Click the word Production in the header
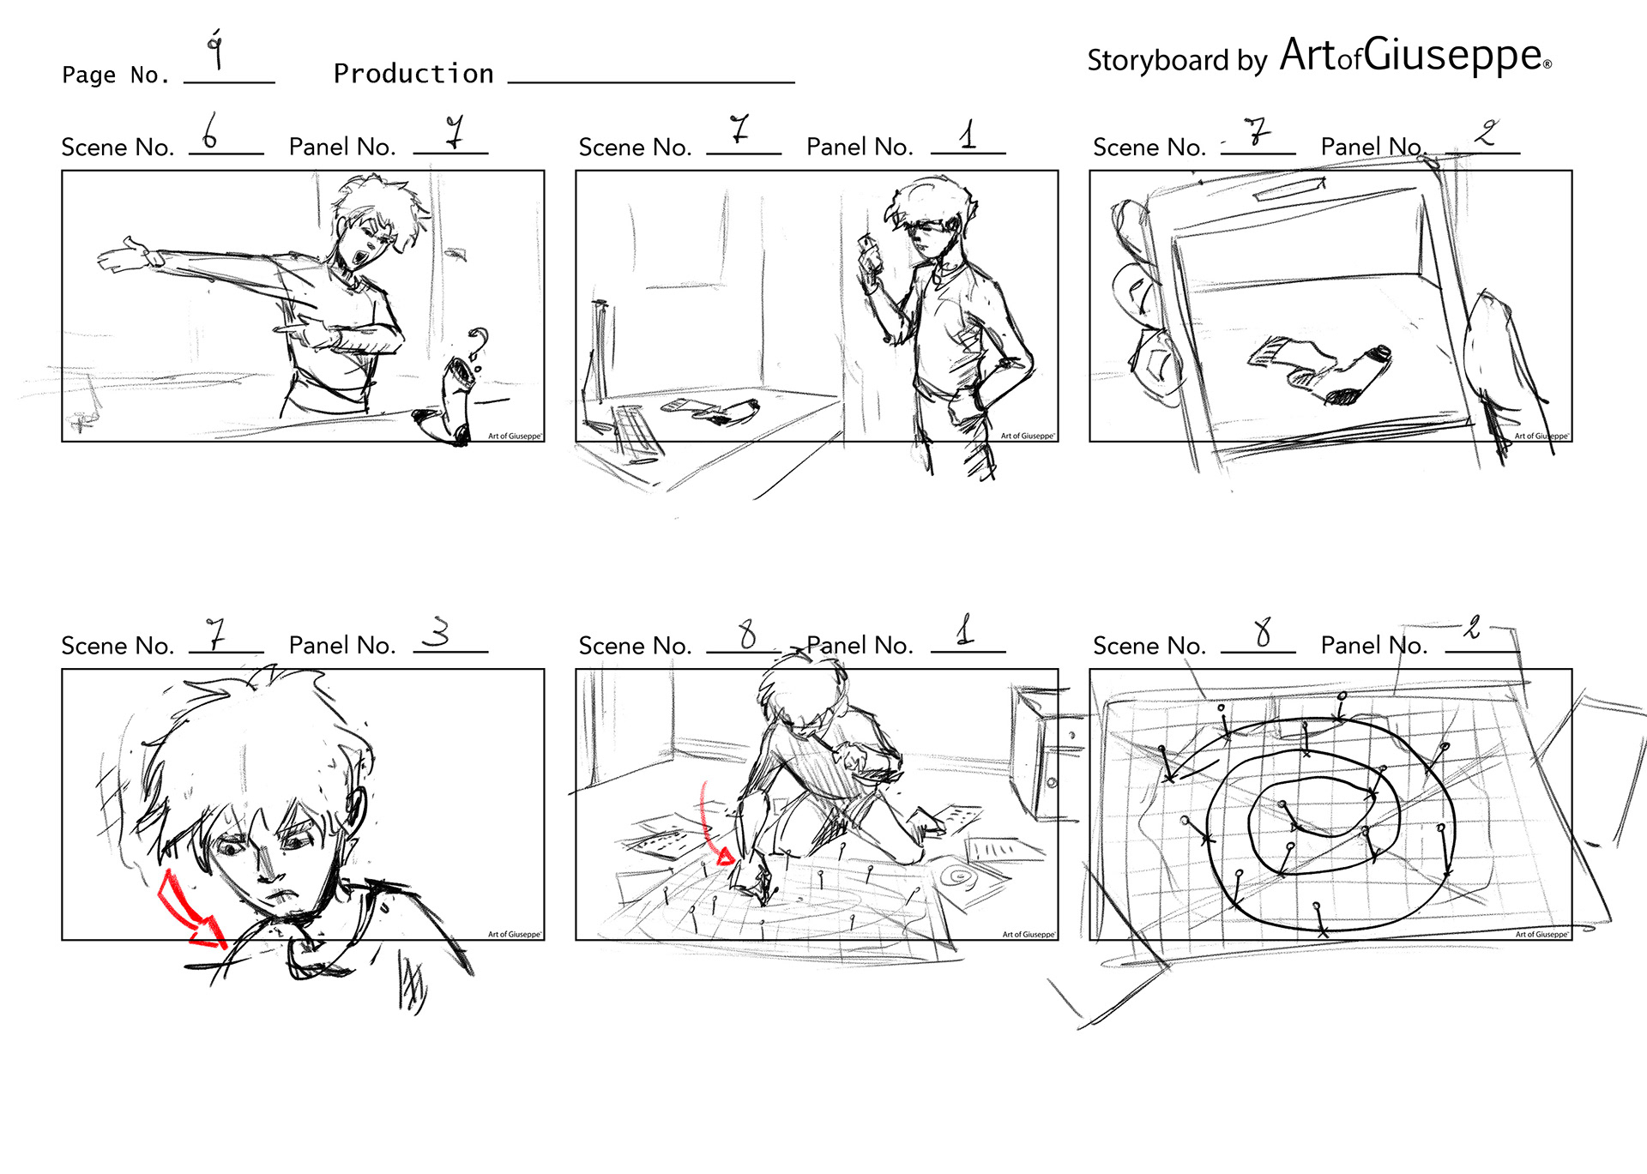pos(413,74)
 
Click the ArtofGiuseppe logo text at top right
pos(1415,56)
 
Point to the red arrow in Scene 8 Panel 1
pos(715,823)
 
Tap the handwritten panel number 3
pos(438,633)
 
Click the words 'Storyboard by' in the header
pos(1177,61)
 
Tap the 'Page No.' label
pos(116,75)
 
